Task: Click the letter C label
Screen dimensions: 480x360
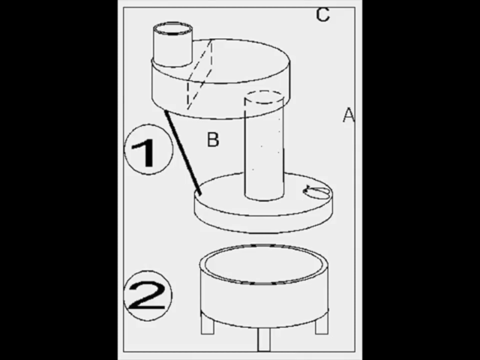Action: tap(323, 14)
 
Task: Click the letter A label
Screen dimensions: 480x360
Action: tap(349, 115)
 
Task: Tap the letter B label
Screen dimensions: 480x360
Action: tap(213, 139)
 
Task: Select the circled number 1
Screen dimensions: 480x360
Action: tap(148, 149)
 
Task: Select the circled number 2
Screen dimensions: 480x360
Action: tap(148, 295)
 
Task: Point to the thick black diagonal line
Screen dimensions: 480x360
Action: tap(183, 152)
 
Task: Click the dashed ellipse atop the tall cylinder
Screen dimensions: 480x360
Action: tap(264, 97)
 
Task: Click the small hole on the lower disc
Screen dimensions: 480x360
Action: tap(316, 192)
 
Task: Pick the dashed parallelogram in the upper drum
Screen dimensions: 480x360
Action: tap(199, 74)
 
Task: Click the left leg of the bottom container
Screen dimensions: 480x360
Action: tap(208, 323)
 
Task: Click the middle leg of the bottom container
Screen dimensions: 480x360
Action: tap(264, 339)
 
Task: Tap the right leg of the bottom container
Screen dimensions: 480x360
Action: tap(322, 323)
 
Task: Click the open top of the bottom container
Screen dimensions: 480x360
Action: tap(264, 264)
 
